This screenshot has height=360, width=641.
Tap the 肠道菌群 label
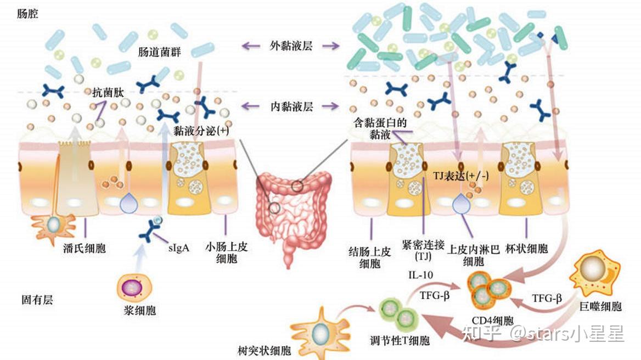(x=160, y=53)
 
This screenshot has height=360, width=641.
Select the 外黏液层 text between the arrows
(x=291, y=46)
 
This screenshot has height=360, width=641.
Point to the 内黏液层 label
(x=291, y=106)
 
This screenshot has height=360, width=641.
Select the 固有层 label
(x=37, y=300)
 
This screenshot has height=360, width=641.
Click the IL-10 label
(x=421, y=274)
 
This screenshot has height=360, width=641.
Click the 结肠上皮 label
(x=370, y=252)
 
